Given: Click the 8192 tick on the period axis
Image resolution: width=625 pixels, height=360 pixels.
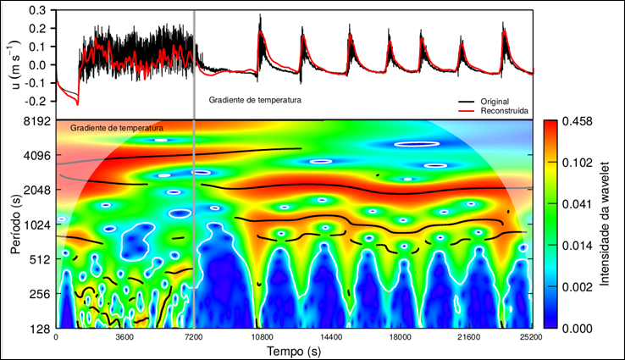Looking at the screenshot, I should coord(37,121).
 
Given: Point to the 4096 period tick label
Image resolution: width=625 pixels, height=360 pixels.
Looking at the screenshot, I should coord(37,156).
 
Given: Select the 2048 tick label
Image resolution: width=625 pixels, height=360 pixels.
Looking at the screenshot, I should coord(37,191).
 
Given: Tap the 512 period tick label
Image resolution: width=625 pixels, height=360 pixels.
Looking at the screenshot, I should coord(40,260).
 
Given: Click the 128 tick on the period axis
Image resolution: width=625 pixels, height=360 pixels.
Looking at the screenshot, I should coord(40,329).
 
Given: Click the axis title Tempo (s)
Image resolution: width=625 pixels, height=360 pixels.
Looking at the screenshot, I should coord(293,351).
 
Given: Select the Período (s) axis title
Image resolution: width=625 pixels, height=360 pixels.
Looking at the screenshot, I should coord(16,224).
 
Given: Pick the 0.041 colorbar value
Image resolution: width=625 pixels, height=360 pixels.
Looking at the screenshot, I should coord(577,204).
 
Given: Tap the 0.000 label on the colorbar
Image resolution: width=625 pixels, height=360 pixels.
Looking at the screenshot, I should coord(577,328).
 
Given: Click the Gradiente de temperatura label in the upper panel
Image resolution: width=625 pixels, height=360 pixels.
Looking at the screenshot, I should coord(255,100).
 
